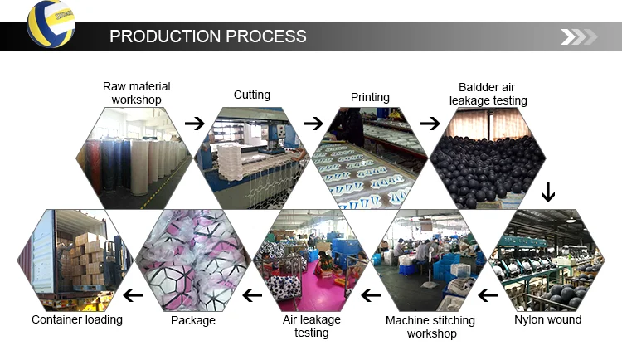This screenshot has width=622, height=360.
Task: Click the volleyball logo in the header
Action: point(51,24)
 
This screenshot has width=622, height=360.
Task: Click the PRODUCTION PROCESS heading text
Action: point(207,36)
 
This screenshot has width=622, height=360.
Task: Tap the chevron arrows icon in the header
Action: point(578,36)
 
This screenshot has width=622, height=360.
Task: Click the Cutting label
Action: point(251,95)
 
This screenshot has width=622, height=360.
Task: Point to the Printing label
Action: point(370,97)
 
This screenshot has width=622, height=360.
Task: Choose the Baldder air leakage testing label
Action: point(488,94)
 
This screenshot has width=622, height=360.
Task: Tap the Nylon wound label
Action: point(547,319)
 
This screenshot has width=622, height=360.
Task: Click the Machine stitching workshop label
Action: point(430,327)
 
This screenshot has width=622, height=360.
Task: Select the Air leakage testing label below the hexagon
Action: point(311,326)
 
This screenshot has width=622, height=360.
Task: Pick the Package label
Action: point(193,320)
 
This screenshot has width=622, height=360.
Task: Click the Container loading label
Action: point(76,319)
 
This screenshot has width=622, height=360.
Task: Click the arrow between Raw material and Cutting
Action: point(194,124)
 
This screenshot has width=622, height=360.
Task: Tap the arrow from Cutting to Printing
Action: point(313,124)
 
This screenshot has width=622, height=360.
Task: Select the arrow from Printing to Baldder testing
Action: point(430,124)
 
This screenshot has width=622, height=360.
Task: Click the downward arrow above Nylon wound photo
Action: point(547,193)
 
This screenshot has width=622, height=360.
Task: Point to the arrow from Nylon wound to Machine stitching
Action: point(488,294)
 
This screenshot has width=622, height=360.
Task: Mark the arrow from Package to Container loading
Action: point(133,294)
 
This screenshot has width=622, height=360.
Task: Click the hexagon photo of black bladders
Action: point(488,158)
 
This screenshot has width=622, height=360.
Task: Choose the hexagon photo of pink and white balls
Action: point(192,260)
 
